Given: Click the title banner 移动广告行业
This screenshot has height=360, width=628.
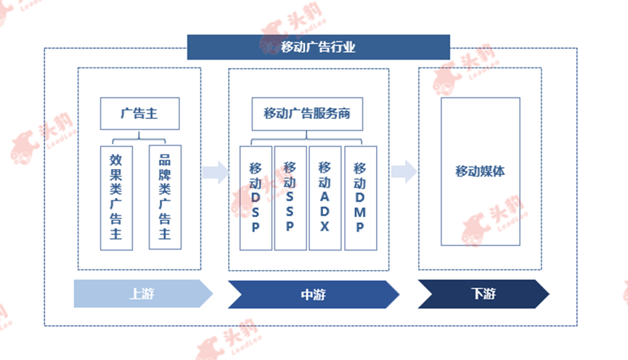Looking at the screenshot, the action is tap(319, 47).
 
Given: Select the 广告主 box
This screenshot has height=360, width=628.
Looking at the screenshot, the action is tap(140, 113).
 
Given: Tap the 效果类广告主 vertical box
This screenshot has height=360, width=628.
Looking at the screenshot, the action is tap(116, 198).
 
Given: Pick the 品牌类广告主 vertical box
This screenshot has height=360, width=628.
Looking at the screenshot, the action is tap(165, 197).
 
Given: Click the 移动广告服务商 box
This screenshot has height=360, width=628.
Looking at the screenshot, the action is tap(307, 114).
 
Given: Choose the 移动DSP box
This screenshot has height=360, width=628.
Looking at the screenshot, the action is tap(256, 198).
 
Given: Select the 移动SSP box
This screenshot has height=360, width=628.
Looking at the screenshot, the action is tap(290, 198).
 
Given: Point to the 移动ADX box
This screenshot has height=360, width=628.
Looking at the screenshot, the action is tap(325, 198).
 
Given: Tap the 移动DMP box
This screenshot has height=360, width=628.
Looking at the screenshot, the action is tap(360, 198).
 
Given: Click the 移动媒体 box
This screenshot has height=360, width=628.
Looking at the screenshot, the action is tap(481, 171).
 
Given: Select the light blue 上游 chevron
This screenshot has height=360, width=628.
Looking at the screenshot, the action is tap(143, 293).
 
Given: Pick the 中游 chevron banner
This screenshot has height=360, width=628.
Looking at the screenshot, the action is tap(314, 295).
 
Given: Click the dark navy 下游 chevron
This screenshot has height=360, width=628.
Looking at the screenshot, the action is tap(484, 294).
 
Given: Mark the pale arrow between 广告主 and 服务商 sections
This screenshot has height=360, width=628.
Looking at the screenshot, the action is tap(216, 172).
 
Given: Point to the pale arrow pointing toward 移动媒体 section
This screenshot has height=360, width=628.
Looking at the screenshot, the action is tap(404, 171).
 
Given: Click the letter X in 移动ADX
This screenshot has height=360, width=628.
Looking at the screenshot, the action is tap(325, 226).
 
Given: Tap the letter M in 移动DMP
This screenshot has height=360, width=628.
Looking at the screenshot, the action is tap(360, 212).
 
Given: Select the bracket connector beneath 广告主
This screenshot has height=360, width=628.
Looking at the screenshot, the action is tap(139, 139).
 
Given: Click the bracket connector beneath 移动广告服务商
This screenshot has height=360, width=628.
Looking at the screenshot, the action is tap(306, 139).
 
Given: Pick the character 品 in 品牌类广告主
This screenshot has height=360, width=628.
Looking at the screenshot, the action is tap(165, 160).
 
